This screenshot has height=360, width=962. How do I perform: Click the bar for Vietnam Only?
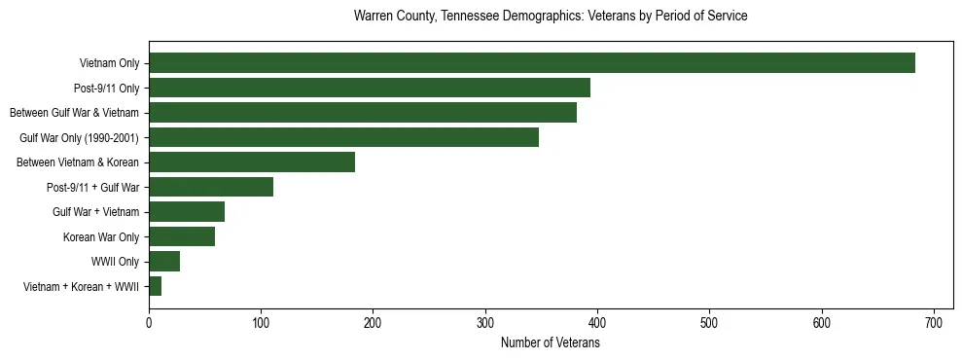[531, 63]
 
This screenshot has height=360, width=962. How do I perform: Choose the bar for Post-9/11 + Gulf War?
[211, 187]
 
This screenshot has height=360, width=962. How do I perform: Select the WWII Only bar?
[164, 262]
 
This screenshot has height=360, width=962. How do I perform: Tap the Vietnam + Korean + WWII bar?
[156, 286]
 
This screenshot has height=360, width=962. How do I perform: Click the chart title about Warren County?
[551, 17]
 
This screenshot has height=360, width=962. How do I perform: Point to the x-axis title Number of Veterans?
[551, 343]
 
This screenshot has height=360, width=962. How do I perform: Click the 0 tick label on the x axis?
[149, 321]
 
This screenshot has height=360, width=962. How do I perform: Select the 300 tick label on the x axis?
[485, 321]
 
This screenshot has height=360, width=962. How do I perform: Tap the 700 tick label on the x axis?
[934, 321]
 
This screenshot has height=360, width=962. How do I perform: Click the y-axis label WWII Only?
[115, 262]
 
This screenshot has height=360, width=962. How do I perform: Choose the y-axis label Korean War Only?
[101, 236]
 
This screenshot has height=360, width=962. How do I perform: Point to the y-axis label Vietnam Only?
[109, 63]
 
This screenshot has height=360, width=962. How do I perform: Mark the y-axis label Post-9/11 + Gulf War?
[92, 187]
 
